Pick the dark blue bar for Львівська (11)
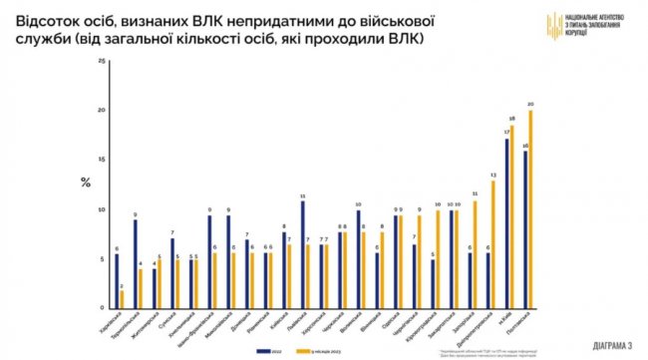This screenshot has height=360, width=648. pyautogui.click(x=302, y=254)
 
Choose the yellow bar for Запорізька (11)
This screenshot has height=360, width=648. pyautogui.click(x=475, y=254)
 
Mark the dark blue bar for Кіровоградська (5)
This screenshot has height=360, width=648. pyautogui.click(x=432, y=284)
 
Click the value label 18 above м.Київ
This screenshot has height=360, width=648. pyautogui.click(x=512, y=119)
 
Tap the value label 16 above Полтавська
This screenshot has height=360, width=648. pyautogui.click(x=524, y=144)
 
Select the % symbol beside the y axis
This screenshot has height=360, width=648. pyautogui.click(x=85, y=181)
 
